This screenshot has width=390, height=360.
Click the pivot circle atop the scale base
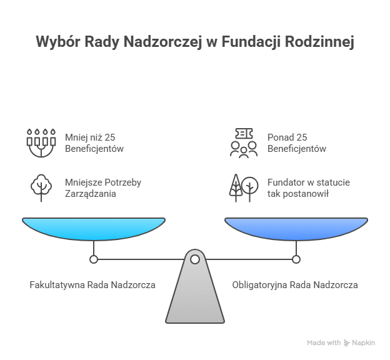195,259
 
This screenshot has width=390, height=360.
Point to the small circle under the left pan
94,259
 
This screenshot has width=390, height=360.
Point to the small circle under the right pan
296,259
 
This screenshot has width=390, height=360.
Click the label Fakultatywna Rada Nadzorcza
93,285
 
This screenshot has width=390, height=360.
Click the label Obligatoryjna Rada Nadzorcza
295,285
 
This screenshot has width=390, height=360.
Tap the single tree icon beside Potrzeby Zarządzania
41,187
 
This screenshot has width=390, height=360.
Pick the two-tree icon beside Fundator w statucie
243,187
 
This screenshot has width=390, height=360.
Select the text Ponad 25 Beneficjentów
296,143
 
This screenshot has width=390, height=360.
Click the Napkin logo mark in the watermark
347,343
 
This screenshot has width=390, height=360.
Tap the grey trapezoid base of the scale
195,294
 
